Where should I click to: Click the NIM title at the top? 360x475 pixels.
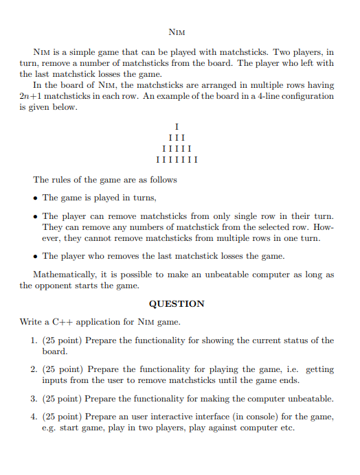[x=177, y=32]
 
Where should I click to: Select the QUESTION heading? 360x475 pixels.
[x=177, y=303]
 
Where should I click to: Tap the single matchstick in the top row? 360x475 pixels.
[x=177, y=126]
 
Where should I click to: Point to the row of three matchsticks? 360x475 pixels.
[x=177, y=137]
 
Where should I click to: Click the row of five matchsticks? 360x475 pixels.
[x=177, y=149]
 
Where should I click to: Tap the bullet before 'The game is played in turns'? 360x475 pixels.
[x=35, y=198]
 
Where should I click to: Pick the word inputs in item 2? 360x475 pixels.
[x=56, y=380]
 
